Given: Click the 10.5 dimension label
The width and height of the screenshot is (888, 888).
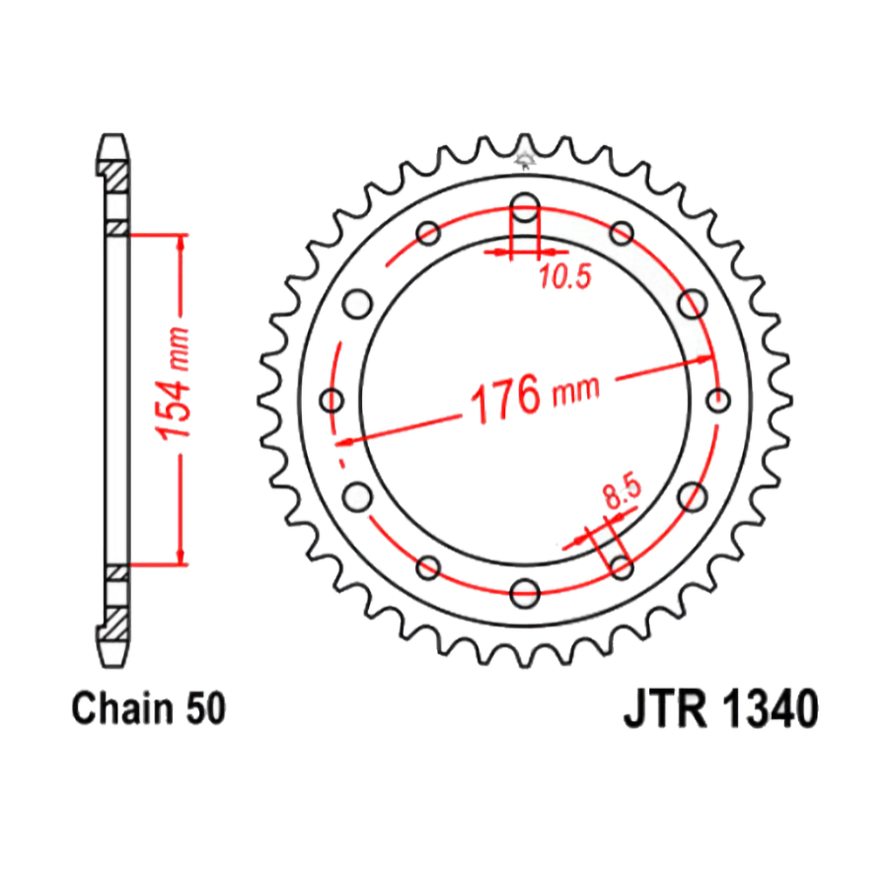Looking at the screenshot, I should [564, 278].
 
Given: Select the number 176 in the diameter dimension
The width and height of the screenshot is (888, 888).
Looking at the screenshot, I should [504, 400].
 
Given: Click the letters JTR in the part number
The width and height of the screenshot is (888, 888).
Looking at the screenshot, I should [664, 710].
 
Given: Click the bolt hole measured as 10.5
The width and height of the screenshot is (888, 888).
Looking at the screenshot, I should [525, 208].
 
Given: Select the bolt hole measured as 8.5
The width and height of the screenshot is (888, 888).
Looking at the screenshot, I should [622, 566].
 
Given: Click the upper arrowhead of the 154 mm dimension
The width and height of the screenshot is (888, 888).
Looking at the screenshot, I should [180, 243].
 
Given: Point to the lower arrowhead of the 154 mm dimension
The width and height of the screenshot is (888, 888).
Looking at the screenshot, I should [180, 557].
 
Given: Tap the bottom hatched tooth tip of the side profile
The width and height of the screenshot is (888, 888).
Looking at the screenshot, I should [115, 622].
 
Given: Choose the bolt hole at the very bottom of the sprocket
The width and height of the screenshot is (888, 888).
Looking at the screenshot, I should [525, 593].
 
